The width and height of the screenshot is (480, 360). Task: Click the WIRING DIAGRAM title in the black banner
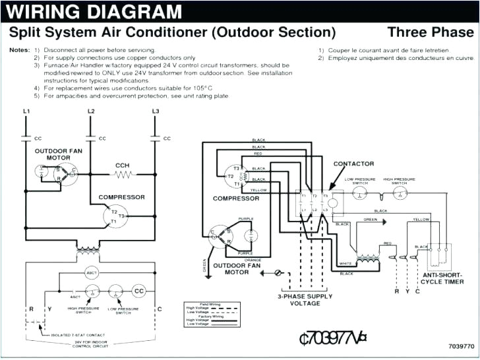tap(96, 11)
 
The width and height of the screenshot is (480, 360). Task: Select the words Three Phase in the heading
tap(430, 32)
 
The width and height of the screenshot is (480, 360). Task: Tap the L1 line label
tap(26, 111)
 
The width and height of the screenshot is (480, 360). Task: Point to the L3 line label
tap(156, 111)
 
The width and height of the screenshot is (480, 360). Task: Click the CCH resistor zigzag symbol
tap(122, 175)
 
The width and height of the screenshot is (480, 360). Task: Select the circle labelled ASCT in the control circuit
tap(92, 272)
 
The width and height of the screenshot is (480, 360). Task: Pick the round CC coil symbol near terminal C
tap(139, 291)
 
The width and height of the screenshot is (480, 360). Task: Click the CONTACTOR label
tap(353, 164)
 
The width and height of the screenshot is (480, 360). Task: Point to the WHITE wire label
tap(345, 263)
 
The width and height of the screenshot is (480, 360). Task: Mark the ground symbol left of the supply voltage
tap(278, 272)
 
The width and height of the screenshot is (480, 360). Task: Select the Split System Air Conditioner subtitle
tap(172, 32)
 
